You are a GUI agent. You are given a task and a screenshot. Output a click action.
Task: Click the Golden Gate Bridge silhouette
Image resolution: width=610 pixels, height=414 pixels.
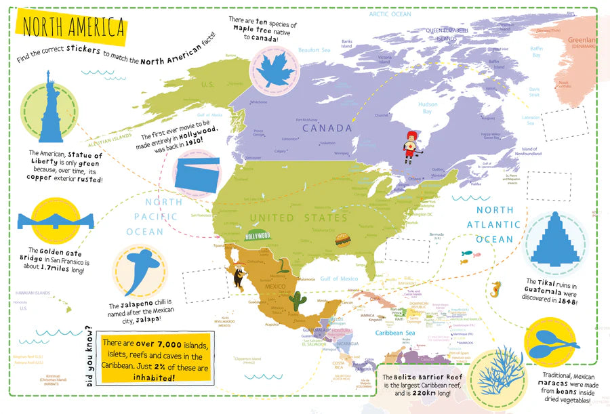[56, 220]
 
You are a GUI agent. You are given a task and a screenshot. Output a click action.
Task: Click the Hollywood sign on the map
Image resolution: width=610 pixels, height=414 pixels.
[258, 235]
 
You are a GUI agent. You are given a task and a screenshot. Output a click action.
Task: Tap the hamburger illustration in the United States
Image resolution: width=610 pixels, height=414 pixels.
[342, 239]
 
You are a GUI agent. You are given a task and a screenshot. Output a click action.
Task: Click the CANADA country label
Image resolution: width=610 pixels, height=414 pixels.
[327, 128]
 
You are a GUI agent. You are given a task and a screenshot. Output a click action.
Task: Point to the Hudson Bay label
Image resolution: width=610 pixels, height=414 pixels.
[428, 108]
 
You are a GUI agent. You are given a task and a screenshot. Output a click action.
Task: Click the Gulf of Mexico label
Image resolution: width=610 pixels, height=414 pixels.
[340, 278]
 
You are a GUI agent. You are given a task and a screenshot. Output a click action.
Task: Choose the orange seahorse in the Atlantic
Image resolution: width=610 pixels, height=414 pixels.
[497, 290]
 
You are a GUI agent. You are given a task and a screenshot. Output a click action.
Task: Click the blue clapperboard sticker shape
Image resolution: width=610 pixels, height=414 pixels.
[197, 172]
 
